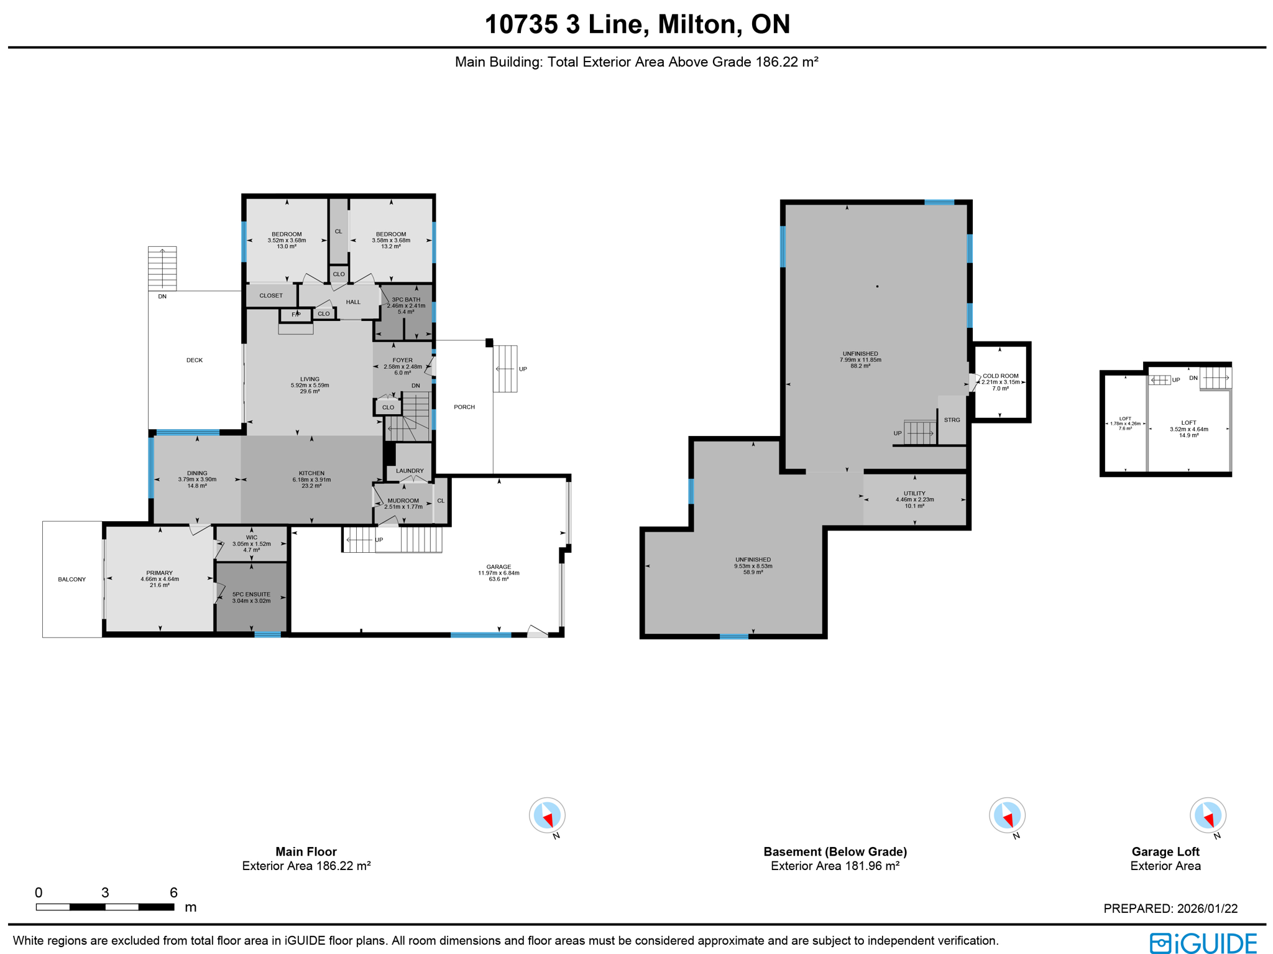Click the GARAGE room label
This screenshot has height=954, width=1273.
[x=499, y=567]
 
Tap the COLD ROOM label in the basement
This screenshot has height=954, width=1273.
[x=1000, y=376]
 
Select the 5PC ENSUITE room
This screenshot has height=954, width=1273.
[x=251, y=597]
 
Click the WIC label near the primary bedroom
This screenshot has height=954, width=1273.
[x=251, y=537]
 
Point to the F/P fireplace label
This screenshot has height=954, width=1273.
[x=296, y=315]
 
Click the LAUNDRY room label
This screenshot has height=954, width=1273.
[x=410, y=471]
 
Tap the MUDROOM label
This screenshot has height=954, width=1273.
[x=403, y=501]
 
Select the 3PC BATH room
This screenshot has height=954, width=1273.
[x=406, y=305]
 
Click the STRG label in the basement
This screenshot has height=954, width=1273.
[x=952, y=420]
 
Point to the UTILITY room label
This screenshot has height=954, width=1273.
[x=914, y=493]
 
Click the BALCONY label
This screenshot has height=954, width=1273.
[x=72, y=579]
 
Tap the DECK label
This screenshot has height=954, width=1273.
[x=195, y=360]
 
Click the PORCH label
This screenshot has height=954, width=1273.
[x=464, y=407]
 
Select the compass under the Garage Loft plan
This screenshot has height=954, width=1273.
[x=1207, y=815]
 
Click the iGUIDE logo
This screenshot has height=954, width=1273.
[x=1203, y=943]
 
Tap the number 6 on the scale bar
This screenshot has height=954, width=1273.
[x=173, y=892]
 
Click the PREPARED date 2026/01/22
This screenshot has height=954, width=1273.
[x=1170, y=908]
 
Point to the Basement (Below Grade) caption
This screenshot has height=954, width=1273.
[x=835, y=851]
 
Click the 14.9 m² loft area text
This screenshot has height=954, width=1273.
[x=1188, y=435]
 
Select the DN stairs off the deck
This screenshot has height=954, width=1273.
[x=162, y=269]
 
